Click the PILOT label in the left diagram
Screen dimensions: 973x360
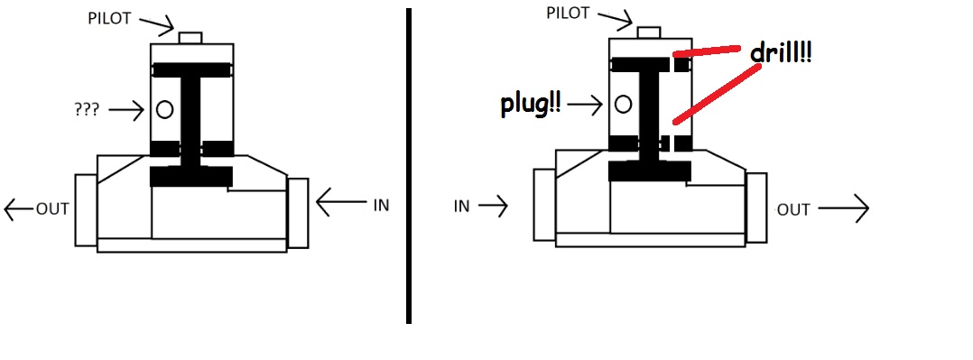coord(110,19)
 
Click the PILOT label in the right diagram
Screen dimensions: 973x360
coord(568,13)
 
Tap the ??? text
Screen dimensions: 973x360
coord(87,111)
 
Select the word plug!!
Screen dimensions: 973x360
coord(531,105)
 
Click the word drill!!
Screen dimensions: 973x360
coord(782,53)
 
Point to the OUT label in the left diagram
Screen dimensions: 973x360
coord(52,209)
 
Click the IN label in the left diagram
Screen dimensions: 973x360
coord(381,206)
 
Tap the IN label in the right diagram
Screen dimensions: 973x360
coord(462,206)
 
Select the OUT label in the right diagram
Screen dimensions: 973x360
coord(793,210)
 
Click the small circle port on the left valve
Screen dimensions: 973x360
coord(164,110)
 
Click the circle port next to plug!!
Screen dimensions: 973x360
coord(623,105)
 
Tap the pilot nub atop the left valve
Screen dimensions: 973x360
coord(190,38)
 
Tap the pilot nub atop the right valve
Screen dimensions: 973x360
coord(648,32)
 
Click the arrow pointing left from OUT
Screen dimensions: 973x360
coord(19,210)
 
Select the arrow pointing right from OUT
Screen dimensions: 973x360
coord(843,209)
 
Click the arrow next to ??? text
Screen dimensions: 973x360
coord(126,111)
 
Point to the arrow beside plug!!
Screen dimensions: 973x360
coord(585,105)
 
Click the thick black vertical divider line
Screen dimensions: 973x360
coord(409,166)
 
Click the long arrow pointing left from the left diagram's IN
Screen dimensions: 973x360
coord(341,202)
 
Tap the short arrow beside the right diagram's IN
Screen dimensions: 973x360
coord(494,206)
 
